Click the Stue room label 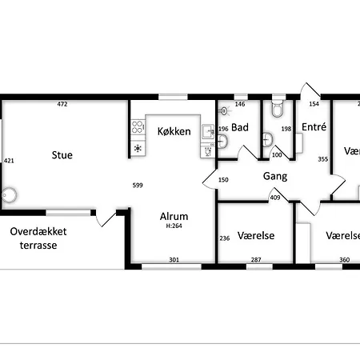point(62,155)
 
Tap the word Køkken point(174,131)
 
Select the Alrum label point(174,216)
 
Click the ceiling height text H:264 point(174,226)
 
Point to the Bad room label point(240,127)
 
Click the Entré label point(314,126)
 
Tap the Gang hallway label point(275,177)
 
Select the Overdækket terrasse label point(38,238)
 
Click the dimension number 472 point(62,104)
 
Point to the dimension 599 point(138,185)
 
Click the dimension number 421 point(9,161)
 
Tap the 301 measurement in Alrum point(174,260)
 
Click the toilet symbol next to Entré point(278,109)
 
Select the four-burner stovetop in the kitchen point(138,126)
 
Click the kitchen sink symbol point(208,131)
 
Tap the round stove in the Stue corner point(10,195)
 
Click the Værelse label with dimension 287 point(256,235)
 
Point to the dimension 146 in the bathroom point(240,104)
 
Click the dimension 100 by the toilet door point(277,155)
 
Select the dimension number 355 point(323,159)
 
